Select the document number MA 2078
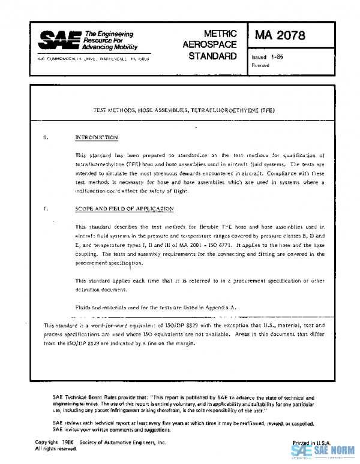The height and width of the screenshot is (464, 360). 280,35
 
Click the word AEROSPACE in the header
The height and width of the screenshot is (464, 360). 209,45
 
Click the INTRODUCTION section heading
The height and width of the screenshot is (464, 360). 97,138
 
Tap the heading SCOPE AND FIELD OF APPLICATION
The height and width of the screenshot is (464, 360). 125,209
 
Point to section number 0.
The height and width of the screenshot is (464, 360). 46,138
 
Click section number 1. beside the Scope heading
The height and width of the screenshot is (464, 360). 46,209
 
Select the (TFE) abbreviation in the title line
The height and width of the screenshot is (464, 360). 266,111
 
